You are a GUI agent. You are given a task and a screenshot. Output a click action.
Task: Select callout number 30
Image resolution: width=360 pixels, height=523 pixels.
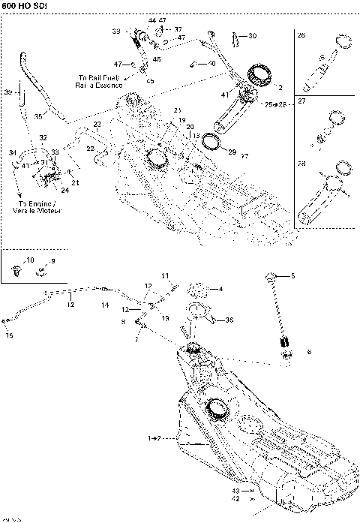252,35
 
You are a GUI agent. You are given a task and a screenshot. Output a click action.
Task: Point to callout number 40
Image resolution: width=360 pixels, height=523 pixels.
211,65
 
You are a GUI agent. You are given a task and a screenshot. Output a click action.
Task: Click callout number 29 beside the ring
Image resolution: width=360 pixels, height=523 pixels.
232,152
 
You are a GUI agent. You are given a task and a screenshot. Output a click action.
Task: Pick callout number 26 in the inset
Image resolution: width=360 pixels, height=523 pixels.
301,35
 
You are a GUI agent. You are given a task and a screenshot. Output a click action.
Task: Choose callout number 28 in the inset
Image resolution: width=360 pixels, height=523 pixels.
301,163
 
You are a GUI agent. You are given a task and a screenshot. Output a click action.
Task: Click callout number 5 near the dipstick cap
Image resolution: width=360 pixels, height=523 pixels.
293,276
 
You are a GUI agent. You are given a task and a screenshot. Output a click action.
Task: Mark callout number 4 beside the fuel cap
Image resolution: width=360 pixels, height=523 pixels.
220,289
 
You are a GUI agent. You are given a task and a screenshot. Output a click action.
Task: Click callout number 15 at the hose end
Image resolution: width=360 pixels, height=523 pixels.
9,335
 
